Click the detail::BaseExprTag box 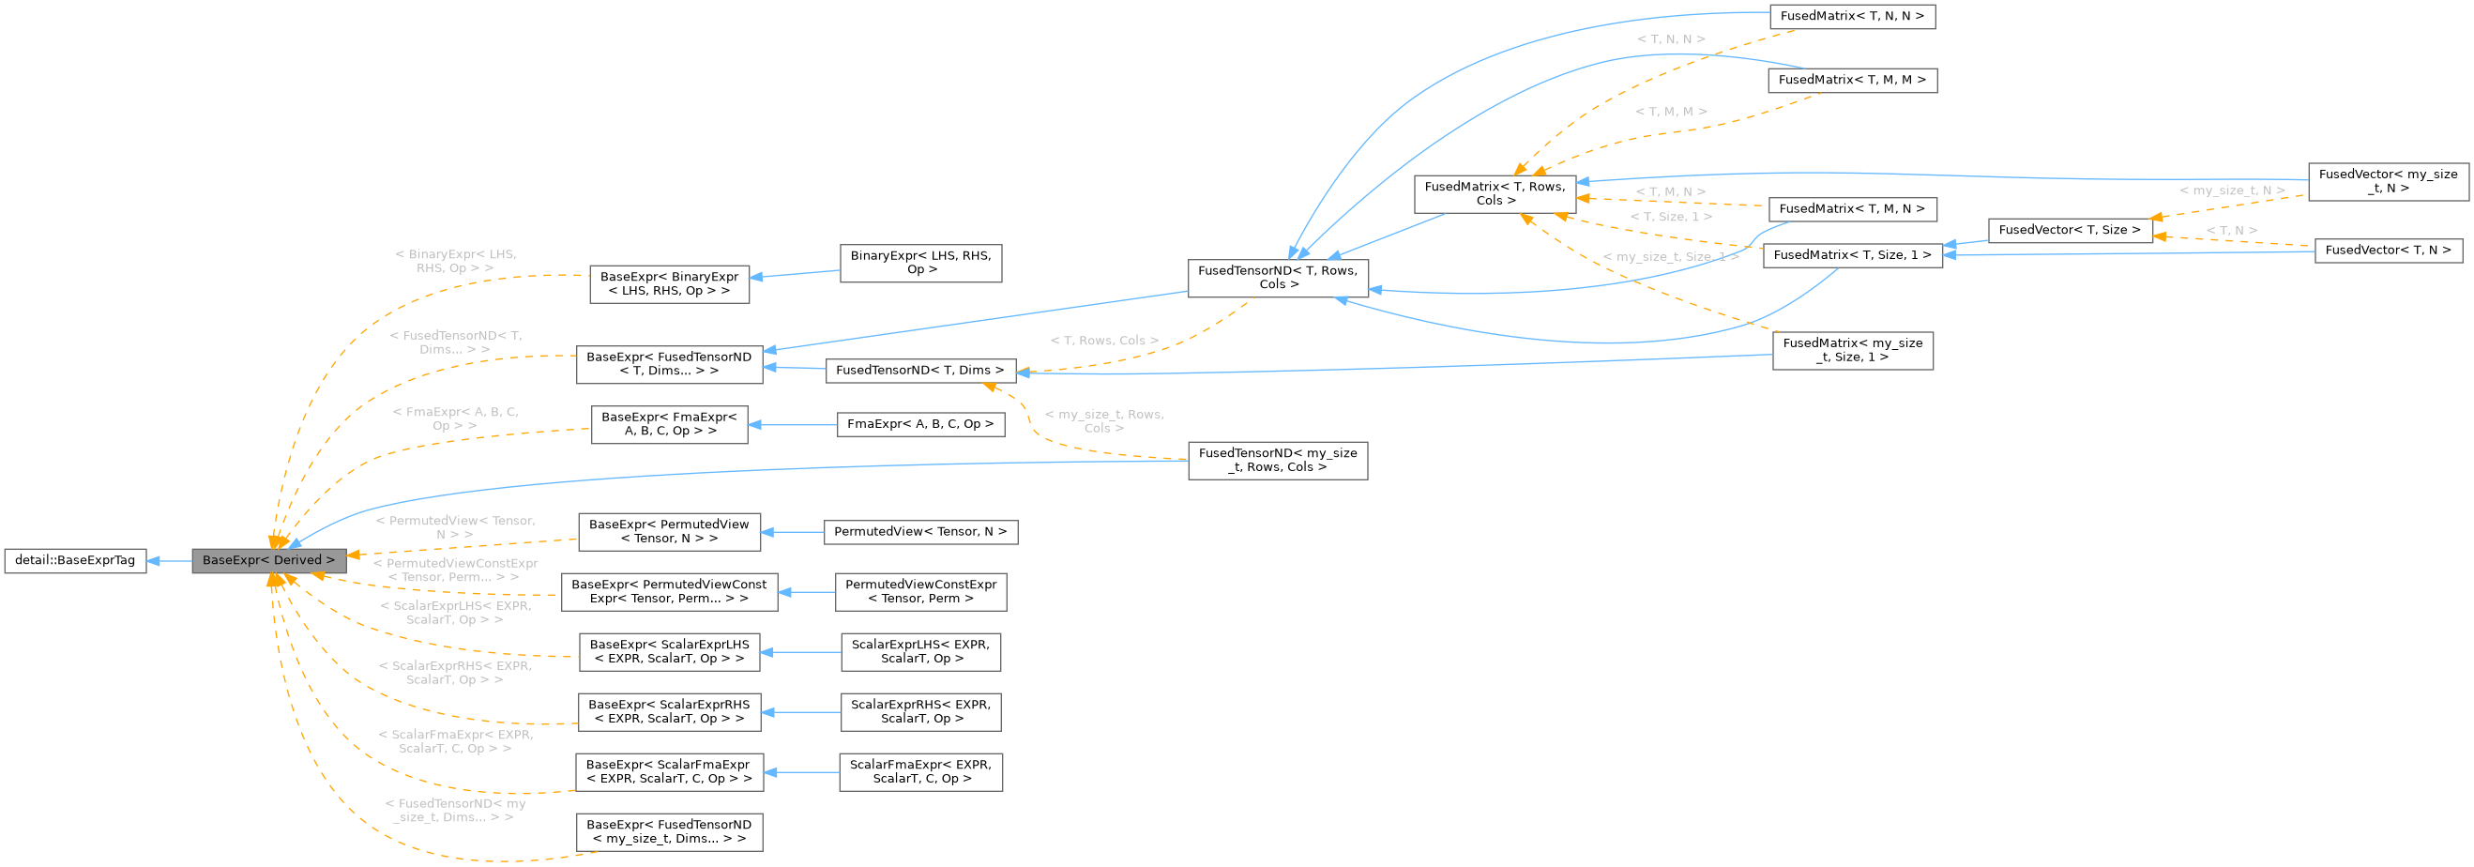[x=75, y=561]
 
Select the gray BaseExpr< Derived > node [x=268, y=561]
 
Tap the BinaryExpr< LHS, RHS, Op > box [x=920, y=263]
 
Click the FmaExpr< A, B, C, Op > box [x=920, y=424]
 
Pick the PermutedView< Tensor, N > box [x=920, y=532]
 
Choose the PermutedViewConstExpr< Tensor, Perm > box [x=920, y=591]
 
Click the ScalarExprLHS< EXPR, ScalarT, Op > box [x=920, y=652]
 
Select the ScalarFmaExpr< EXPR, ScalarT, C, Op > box [x=920, y=772]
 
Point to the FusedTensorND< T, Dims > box [x=919, y=371]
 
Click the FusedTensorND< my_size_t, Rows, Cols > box [x=1277, y=461]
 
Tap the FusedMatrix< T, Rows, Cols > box [x=1495, y=194]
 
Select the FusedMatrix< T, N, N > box [x=1852, y=17]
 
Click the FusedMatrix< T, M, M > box [x=1852, y=81]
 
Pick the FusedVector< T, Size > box [x=2069, y=231]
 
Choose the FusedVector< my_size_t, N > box [x=2388, y=181]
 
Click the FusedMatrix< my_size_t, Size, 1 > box [x=1852, y=350]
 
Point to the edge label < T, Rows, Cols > [x=1103, y=341]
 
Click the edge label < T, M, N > [x=1670, y=192]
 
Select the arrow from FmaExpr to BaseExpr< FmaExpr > [x=793, y=424]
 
